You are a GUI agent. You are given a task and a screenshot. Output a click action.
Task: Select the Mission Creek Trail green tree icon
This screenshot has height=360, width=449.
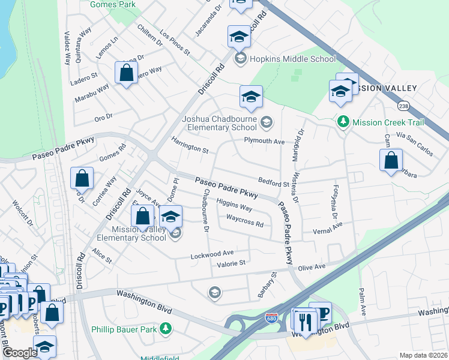[343, 122]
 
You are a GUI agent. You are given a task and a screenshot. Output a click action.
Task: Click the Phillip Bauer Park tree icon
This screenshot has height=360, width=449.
[171, 329]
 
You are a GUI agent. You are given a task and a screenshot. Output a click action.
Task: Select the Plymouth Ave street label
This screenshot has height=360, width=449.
[264, 141]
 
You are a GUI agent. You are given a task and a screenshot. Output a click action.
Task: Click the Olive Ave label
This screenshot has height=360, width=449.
[312, 266]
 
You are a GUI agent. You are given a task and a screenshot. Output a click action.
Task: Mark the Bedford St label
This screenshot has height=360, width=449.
[273, 182]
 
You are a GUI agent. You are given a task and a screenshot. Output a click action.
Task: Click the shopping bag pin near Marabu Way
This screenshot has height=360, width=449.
[126, 74]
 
